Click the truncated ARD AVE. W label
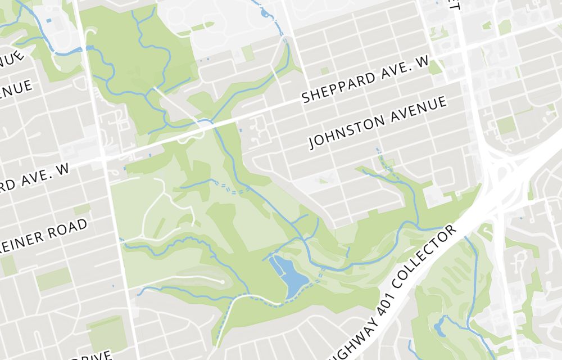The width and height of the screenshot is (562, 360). pos(35,177)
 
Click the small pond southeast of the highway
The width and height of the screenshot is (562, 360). pos(439,328)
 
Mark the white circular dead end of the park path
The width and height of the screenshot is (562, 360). pos(223,282)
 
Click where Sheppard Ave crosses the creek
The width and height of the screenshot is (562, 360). pos(212,122)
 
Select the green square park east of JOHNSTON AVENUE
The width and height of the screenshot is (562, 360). pos(506,125)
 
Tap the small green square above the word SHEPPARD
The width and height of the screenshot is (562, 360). pos(324,71)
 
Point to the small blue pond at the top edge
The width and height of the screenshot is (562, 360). pos(265,12)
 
